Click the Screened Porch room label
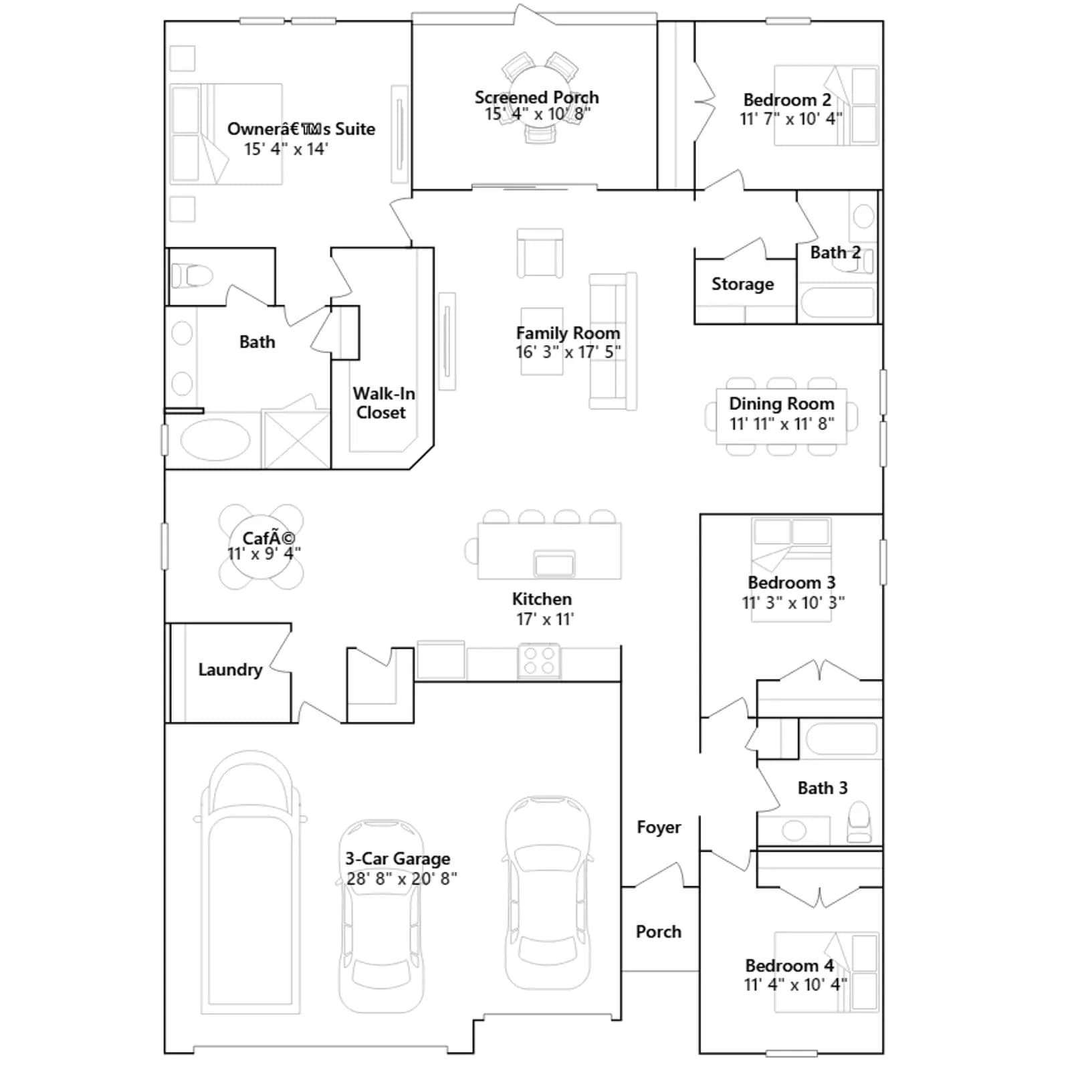coord(536,98)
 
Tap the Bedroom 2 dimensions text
coord(790,119)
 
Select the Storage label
coord(742,284)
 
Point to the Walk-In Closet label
coord(383,403)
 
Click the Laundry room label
coord(230,669)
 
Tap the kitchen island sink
coord(554,563)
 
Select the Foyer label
coord(659,827)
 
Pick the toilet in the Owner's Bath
coord(192,276)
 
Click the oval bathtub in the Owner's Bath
coord(215,440)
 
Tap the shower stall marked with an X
coord(296,439)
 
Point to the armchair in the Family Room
coord(540,253)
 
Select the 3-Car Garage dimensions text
coord(401,878)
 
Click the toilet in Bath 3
coord(859,823)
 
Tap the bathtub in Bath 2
coord(838,302)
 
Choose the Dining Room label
coord(782,404)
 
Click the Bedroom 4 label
coord(789,966)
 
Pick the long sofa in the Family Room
coord(613,341)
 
